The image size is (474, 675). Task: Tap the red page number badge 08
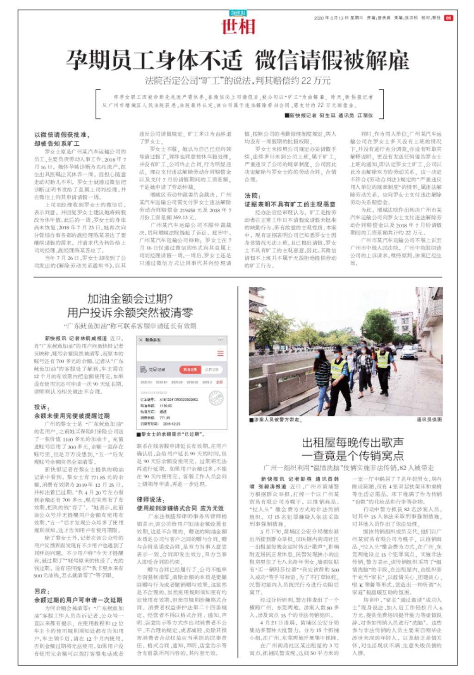[x=448, y=18]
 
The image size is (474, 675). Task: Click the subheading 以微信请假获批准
[x=62, y=135]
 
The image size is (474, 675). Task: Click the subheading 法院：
[x=253, y=196]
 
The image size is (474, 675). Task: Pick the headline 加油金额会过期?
[x=130, y=298]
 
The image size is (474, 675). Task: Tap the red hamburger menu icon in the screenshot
[x=220, y=353]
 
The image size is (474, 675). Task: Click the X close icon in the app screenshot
[x=140, y=340]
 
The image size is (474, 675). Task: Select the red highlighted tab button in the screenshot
[x=190, y=370]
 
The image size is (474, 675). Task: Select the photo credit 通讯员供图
[x=429, y=420]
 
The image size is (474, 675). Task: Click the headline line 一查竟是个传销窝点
[x=353, y=456]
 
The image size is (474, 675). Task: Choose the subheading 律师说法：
[x=150, y=500]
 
